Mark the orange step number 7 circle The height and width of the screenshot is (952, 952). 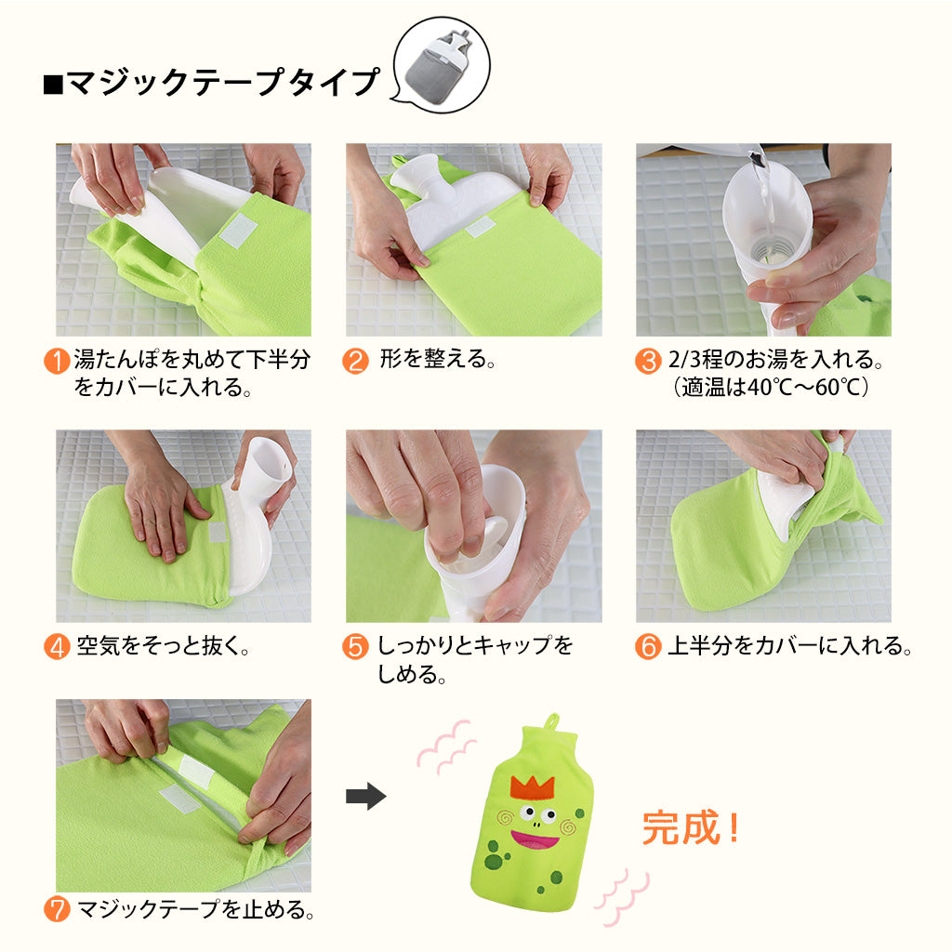tap(57, 909)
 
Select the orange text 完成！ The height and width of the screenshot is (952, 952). tap(691, 826)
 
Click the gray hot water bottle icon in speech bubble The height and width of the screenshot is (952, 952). tap(443, 71)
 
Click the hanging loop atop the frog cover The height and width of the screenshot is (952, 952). tap(550, 722)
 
